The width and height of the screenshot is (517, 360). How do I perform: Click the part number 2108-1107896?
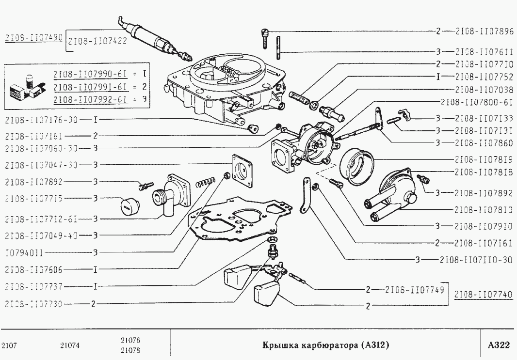coord(484,31)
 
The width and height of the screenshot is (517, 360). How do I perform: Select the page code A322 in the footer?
coord(499,345)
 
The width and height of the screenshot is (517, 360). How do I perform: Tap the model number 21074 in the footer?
coord(70,345)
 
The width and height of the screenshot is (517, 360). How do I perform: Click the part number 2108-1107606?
coord(34,268)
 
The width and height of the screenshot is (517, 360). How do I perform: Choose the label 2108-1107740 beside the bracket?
coord(485,294)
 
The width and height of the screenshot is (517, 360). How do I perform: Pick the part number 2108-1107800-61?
coord(477,103)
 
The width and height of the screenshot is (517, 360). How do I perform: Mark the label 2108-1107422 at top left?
coord(97,41)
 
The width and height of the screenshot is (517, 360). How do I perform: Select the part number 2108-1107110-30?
coord(476,259)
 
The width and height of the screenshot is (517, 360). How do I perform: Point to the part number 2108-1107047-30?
coord(41,165)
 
